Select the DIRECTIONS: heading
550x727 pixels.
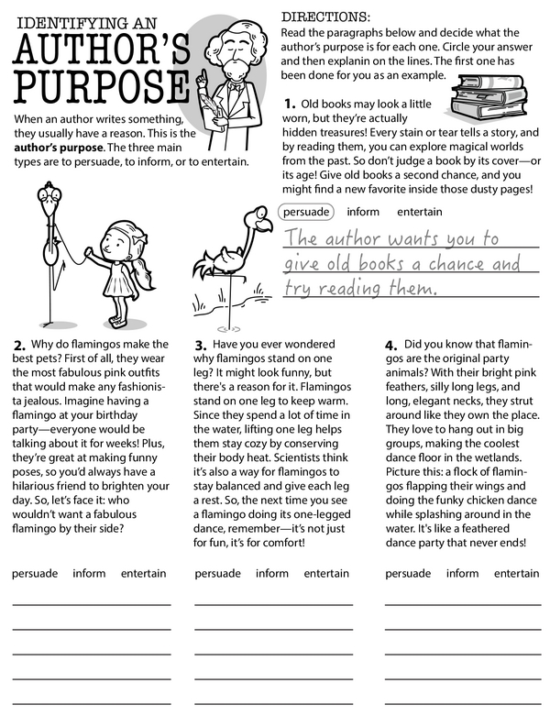pos(324,17)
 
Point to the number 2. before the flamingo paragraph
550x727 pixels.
pos(19,346)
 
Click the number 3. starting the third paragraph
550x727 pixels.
pos(202,346)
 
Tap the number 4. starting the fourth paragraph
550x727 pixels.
pos(391,346)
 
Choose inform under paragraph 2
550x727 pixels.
pos(89,574)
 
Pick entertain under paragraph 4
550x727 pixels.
pos(516,574)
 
